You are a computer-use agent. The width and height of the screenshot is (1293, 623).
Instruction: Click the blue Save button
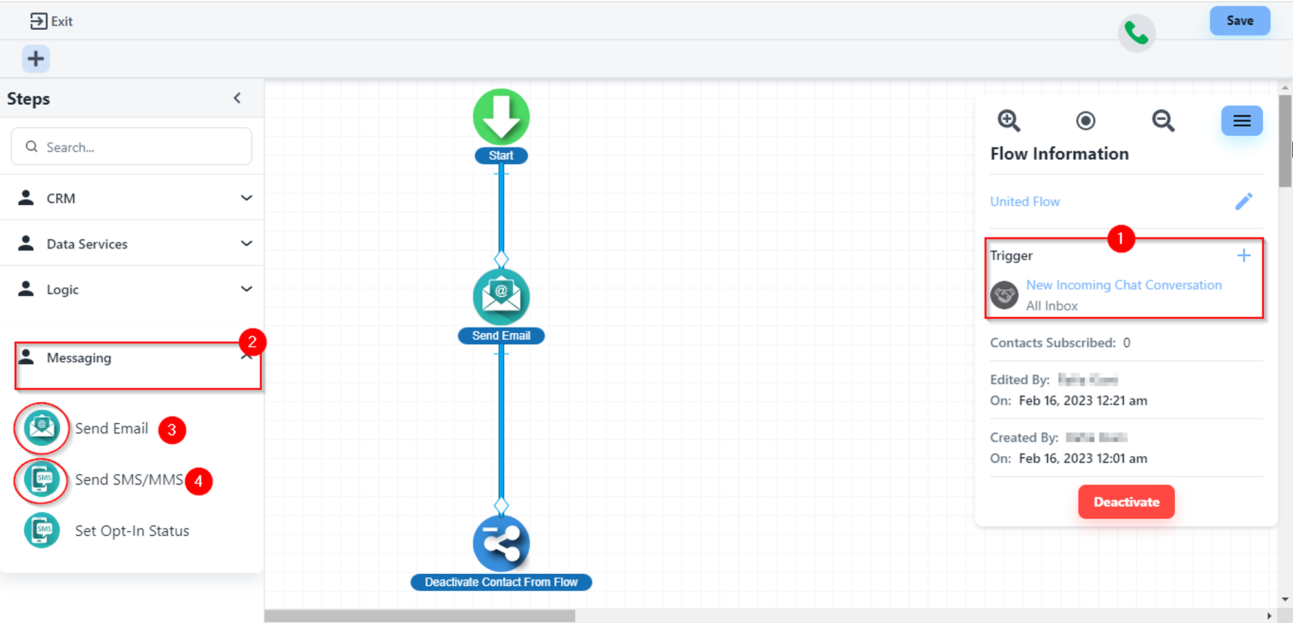1239,21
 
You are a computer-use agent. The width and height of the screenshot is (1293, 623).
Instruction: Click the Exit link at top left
52,21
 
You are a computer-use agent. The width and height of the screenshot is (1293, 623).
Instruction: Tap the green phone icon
1136,33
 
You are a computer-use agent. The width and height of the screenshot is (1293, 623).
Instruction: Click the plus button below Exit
36,59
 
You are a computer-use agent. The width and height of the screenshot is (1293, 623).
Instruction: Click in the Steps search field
132,147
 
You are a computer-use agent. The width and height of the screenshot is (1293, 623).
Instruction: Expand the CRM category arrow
246,198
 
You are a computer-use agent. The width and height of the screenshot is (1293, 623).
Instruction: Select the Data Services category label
87,244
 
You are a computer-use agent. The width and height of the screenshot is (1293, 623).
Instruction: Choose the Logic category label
62,289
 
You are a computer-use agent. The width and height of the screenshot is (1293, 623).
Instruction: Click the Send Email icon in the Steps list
41,428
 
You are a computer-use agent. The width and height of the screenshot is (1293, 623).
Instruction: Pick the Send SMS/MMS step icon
41,480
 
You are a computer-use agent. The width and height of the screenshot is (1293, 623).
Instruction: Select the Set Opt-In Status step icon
41,530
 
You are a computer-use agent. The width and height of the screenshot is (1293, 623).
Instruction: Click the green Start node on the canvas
501,117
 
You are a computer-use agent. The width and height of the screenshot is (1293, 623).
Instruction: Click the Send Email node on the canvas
501,297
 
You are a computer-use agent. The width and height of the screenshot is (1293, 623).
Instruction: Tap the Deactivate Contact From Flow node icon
501,543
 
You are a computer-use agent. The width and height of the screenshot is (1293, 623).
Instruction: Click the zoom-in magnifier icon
1009,121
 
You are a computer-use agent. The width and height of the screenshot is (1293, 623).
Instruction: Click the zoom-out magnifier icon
1163,121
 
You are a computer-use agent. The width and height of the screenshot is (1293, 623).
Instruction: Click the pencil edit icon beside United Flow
1243,202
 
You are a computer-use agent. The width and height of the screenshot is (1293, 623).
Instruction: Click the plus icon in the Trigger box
1243,256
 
